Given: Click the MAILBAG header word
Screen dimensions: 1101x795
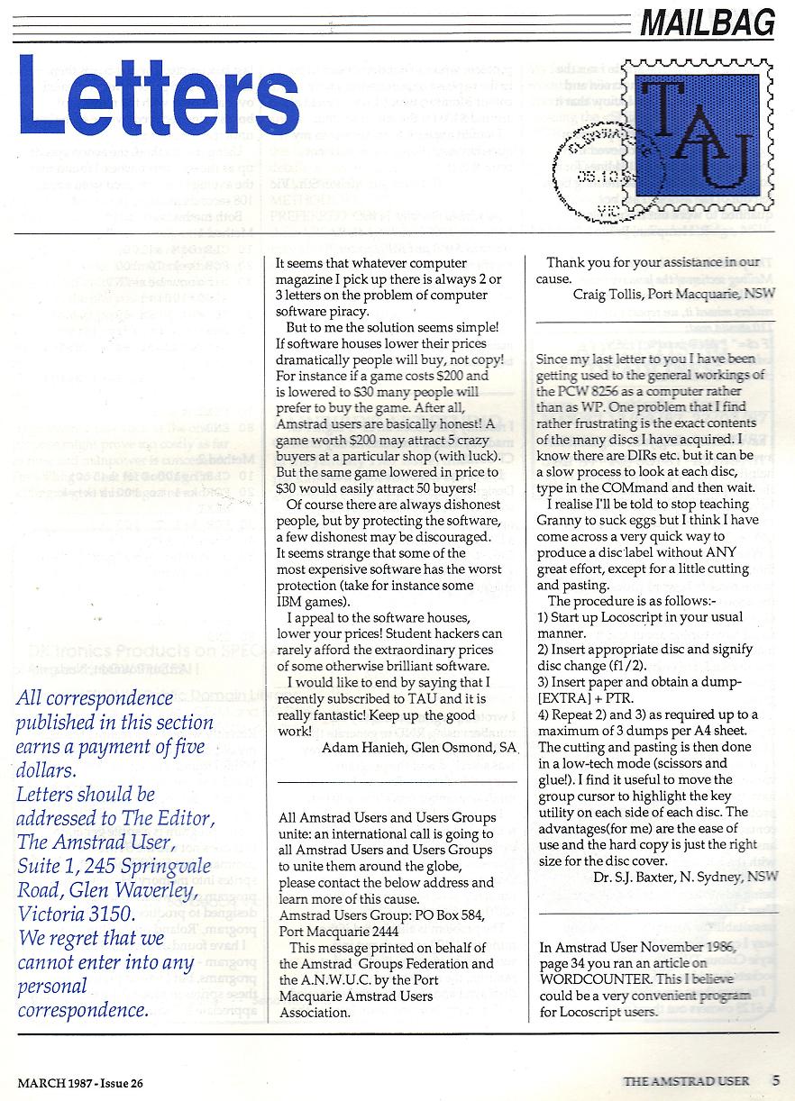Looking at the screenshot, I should (x=708, y=22).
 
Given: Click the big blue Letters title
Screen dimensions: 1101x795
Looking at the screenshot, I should (x=159, y=96).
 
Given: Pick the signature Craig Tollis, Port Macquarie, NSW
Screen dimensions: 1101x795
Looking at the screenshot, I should (x=672, y=294).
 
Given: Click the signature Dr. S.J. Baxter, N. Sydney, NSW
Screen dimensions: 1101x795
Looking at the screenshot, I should (x=682, y=876).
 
